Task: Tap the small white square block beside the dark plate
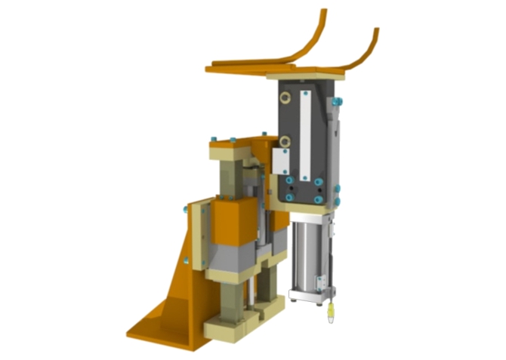coord(281,161)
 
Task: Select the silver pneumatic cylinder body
coord(310,253)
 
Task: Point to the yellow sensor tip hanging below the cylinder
coord(330,317)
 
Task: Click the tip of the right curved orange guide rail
coord(376,31)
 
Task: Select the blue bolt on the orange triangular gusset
coord(186,260)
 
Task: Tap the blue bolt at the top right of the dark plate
coord(338,100)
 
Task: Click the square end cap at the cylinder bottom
coord(310,294)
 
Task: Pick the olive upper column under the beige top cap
coord(230,181)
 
